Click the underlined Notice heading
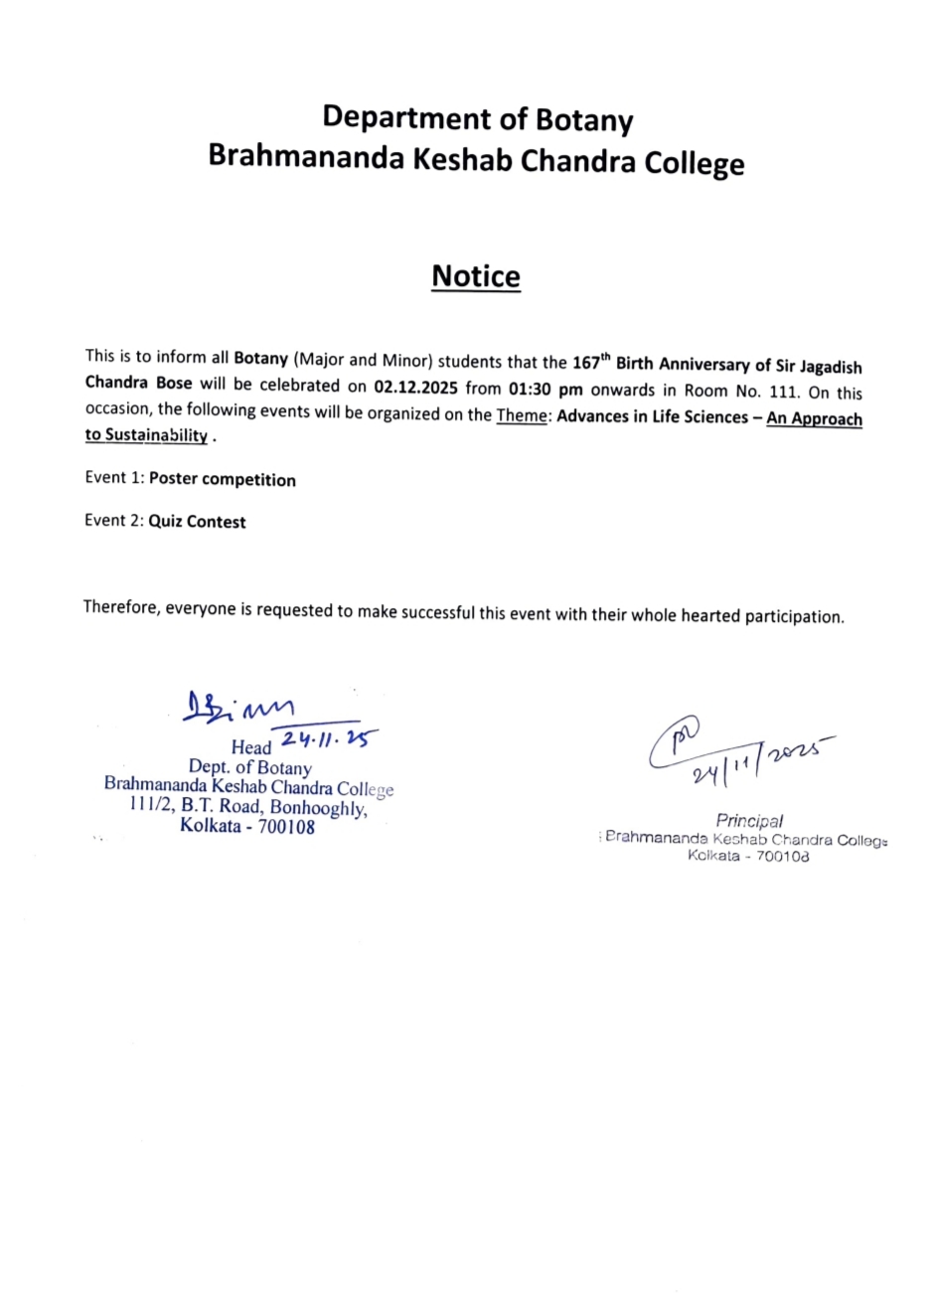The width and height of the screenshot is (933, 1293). pos(475,276)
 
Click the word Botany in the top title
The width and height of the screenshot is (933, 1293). pos(584,120)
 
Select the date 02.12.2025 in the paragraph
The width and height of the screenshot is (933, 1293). pos(415,387)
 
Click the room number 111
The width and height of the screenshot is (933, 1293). pos(784,392)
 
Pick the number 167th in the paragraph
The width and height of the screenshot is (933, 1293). pos(591,362)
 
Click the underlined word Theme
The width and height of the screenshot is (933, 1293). pos(522,415)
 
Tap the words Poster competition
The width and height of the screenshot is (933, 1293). pos(223,480)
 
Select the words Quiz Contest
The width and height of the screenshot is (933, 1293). pos(198,522)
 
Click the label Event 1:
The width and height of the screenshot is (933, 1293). pos(114,478)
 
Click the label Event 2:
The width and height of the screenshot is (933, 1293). pos(114,520)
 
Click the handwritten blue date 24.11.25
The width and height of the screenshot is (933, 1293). pos(330,739)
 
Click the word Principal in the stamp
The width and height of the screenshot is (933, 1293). pos(749,821)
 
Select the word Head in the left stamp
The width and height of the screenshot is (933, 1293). pos(251,747)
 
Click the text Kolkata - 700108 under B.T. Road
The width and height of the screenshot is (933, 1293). pos(247,826)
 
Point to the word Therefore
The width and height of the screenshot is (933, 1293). pos(121,606)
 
